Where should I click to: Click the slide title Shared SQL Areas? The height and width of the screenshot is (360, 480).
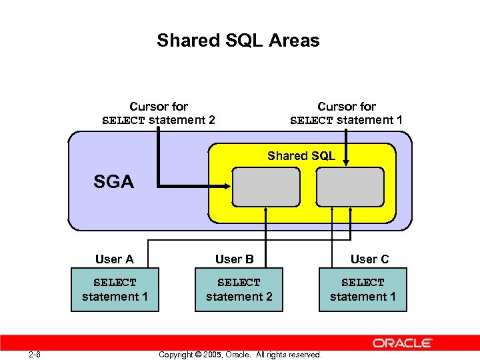click(238, 41)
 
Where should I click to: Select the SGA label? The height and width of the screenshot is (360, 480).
click(113, 181)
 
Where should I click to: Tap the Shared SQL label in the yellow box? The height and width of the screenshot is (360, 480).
click(301, 156)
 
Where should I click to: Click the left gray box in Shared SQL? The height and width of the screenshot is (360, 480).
click(266, 187)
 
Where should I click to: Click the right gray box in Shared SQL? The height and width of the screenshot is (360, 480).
click(350, 187)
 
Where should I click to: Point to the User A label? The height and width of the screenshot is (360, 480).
click(114, 259)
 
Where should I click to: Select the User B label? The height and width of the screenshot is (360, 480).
click(234, 259)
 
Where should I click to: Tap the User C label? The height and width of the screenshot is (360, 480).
click(369, 259)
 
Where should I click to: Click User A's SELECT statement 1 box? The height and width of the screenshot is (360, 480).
click(115, 289)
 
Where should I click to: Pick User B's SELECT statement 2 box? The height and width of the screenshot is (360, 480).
click(239, 289)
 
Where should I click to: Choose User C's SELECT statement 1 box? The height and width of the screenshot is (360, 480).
click(363, 289)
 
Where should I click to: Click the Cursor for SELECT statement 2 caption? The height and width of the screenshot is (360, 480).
click(159, 113)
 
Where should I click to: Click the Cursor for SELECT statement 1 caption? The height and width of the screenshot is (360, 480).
click(347, 113)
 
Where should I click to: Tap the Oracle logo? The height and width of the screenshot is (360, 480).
click(403, 343)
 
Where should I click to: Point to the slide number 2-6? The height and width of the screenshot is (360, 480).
click(35, 354)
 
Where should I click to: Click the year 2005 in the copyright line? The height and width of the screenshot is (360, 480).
click(210, 355)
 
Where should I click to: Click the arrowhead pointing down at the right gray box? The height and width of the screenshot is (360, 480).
click(347, 162)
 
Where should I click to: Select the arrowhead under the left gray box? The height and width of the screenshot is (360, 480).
click(266, 211)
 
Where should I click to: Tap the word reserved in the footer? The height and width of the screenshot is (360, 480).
click(303, 355)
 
